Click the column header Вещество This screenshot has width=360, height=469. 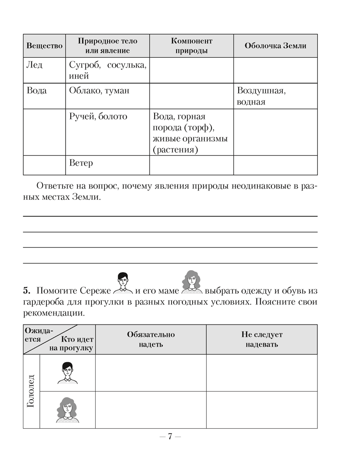(44, 46)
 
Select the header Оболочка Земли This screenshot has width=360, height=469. (275, 46)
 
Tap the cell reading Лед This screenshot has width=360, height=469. (34, 65)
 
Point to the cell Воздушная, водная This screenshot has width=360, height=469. (262, 96)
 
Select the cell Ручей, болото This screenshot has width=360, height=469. (98, 116)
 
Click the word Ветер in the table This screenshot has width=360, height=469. (81, 163)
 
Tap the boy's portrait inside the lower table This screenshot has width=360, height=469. (67, 372)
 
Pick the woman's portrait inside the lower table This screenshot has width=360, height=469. (67, 409)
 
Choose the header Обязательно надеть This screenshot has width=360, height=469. (150, 339)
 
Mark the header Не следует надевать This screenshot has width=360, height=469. (262, 339)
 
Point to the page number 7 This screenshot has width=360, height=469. (171, 437)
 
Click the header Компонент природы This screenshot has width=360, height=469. (191, 46)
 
